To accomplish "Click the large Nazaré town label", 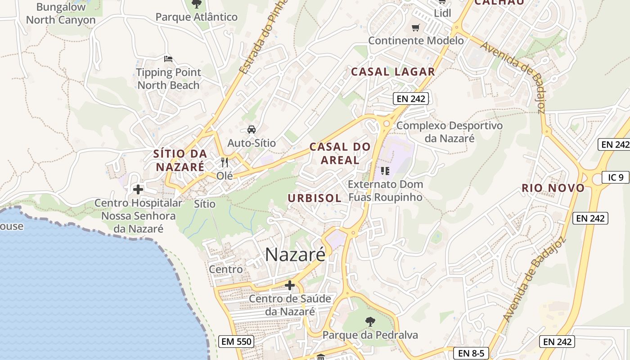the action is tap(295, 255).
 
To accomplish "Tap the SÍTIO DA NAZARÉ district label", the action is tap(180, 160).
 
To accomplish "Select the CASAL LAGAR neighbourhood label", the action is tap(393, 72).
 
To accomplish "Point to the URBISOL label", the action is tap(315, 198).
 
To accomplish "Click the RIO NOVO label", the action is tap(553, 188).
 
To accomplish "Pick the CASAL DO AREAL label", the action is tap(340, 153).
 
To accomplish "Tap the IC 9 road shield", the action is tap(616, 177).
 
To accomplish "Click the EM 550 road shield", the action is tap(236, 342).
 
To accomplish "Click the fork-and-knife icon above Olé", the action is tap(225, 162).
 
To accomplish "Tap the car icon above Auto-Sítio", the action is tap(252, 130).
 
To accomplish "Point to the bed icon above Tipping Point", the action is tap(168, 59).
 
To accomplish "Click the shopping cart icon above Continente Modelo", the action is tap(416, 28).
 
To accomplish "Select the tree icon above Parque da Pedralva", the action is tap(370, 321).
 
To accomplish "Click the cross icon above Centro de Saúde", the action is tap(290, 285).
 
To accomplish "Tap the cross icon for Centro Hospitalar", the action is tap(138, 189).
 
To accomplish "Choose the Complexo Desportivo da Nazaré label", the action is tap(449, 131).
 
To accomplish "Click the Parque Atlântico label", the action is tap(196, 17).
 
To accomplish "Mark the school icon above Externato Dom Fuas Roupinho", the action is tap(385, 171).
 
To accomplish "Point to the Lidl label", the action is tap(442, 13).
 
